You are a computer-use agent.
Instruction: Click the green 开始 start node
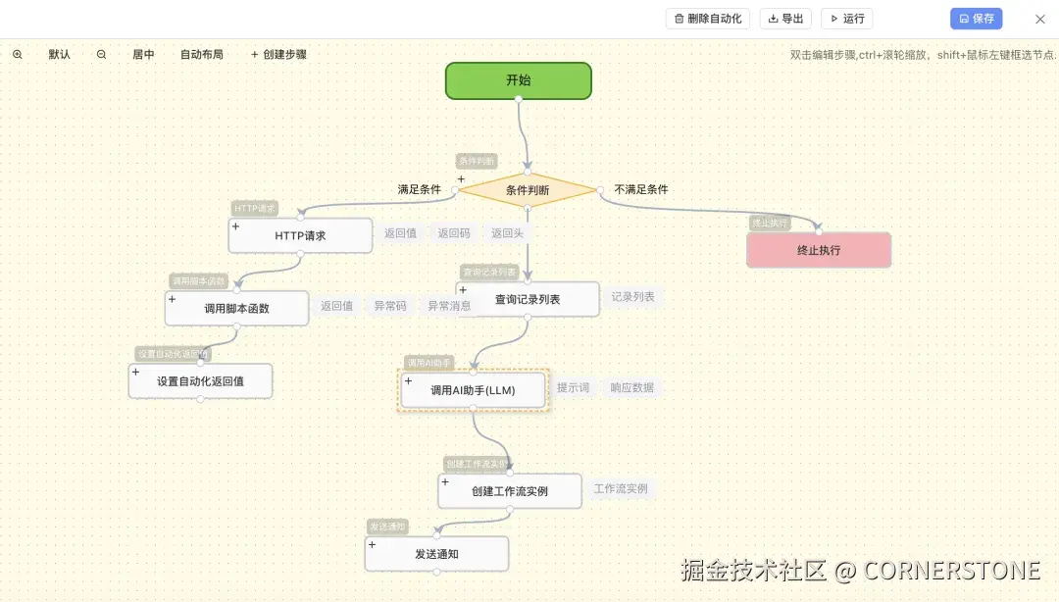(x=518, y=80)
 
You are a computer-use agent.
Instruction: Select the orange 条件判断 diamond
(x=528, y=190)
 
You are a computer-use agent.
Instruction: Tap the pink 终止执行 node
(x=819, y=250)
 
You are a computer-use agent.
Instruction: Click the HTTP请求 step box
(x=300, y=235)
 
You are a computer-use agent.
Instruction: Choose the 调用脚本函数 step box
(x=236, y=308)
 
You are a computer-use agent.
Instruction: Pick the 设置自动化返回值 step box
(x=200, y=381)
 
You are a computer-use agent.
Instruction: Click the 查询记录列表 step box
(x=528, y=299)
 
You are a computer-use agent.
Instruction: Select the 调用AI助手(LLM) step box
(x=473, y=390)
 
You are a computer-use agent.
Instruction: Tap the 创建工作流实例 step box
(x=509, y=490)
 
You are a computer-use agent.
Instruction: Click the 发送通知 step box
(x=436, y=554)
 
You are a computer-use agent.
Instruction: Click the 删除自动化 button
(x=708, y=19)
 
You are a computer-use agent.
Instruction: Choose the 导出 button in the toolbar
(x=785, y=19)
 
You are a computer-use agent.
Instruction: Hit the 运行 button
(x=846, y=19)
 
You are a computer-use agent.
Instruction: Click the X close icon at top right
(x=1040, y=19)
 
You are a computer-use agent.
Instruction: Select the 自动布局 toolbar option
(x=201, y=55)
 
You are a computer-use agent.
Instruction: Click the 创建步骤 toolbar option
(x=278, y=55)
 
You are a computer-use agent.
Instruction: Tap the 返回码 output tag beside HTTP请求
(x=454, y=233)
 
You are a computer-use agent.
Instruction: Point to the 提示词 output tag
(x=573, y=388)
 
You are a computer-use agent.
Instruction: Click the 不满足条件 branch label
(x=641, y=189)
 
